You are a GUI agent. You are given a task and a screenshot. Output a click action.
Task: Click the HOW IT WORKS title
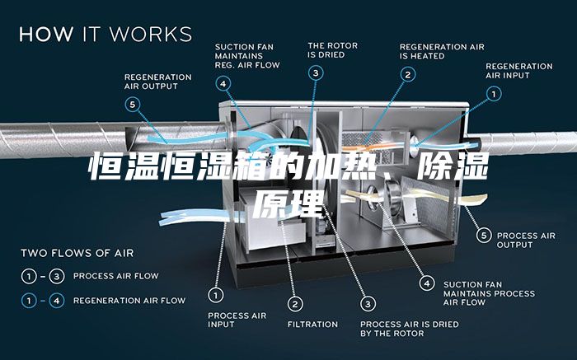click(106, 34)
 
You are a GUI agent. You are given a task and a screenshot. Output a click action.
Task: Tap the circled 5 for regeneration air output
click(133, 105)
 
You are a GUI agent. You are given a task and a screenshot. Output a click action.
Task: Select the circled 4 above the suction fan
click(223, 84)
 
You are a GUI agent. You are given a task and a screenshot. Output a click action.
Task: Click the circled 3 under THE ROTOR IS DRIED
click(316, 73)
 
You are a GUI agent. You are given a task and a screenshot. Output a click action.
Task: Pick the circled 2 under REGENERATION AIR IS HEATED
click(408, 75)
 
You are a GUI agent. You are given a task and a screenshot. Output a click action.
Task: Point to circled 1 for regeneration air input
click(494, 94)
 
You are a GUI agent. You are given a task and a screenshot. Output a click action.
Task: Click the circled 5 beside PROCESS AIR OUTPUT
click(484, 236)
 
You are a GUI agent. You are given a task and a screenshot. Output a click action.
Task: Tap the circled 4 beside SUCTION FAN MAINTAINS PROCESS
click(427, 283)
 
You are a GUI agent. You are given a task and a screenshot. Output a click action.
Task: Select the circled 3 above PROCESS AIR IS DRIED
click(368, 304)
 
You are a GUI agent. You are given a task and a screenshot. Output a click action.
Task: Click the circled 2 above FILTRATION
click(295, 304)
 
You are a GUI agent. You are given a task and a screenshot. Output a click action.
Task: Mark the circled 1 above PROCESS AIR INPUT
click(216, 295)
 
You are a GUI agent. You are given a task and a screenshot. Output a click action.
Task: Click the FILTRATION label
click(312, 325)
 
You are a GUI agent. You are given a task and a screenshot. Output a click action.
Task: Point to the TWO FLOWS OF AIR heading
click(77, 253)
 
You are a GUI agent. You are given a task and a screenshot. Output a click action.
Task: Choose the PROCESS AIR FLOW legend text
click(116, 276)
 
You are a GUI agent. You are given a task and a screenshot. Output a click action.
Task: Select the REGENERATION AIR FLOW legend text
click(129, 301)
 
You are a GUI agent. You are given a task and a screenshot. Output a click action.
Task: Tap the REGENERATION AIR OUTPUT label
click(158, 82)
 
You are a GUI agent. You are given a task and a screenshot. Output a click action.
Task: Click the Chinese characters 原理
click(288, 203)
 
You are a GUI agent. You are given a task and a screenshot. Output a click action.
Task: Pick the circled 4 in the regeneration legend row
click(57, 301)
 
